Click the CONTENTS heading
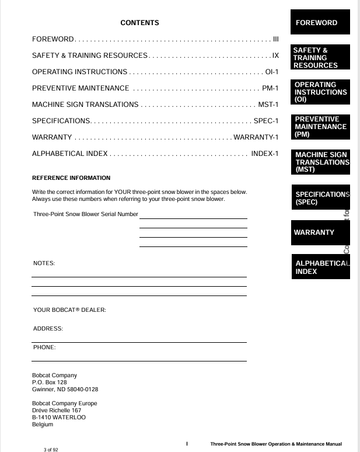coord(139,23)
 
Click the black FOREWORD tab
coord(320,23)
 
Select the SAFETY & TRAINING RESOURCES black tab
coord(320,58)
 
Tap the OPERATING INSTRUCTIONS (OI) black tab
coord(320,92)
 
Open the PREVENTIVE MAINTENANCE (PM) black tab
coord(320,127)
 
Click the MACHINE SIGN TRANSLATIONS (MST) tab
coord(320,162)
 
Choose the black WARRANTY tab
coord(320,232)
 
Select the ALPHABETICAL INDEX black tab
coord(320,267)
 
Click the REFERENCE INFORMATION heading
coord(71,178)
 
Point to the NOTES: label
coord(44,263)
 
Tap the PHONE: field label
coord(44,347)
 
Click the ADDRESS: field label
coord(48,329)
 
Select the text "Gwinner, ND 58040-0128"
coord(65,389)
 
